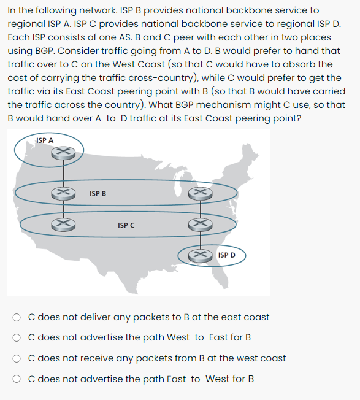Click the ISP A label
(45, 140)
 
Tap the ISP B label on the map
(98, 194)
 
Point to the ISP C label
(126, 226)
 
